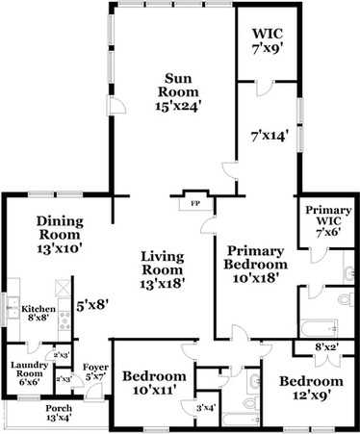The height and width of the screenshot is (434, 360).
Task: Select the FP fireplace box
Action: click(x=193, y=204)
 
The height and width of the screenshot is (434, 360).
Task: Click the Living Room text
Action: click(x=162, y=269)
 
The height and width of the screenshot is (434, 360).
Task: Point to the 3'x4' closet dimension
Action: click(x=205, y=408)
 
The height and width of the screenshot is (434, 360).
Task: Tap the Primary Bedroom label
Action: click(x=255, y=263)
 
